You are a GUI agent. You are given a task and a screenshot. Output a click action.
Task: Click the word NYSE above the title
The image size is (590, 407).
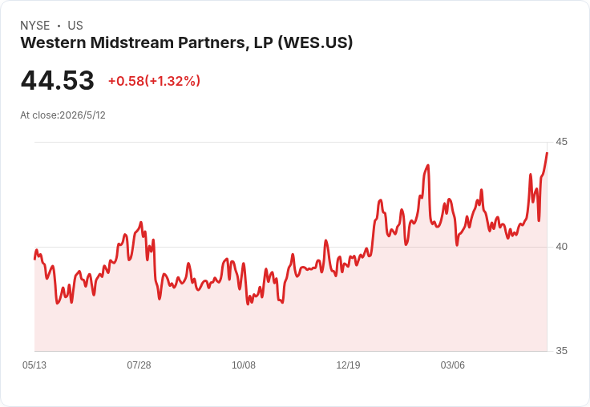(35, 26)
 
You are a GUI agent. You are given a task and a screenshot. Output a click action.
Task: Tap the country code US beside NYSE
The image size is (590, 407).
(75, 26)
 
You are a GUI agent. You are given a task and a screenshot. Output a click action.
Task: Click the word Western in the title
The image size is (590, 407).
(54, 42)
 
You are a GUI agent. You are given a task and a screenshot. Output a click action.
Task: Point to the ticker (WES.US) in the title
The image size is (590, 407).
(315, 43)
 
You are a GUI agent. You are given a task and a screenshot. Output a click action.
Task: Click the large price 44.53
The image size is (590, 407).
(57, 80)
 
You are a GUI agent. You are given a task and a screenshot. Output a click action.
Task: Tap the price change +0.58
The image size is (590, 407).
(126, 81)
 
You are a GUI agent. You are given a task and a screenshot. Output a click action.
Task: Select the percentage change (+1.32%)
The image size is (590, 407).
(172, 81)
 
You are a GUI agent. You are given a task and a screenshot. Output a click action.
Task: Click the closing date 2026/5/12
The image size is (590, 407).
(83, 115)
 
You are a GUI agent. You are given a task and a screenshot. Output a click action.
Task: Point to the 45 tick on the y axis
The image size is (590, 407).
(561, 142)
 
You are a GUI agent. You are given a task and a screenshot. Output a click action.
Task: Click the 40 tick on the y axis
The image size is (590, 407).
(561, 247)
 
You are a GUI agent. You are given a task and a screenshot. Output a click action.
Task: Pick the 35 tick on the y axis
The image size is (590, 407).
(561, 351)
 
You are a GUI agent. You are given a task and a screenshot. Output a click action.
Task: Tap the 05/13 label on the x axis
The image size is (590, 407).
(34, 365)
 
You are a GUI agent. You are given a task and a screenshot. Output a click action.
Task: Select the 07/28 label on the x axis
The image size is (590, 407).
(139, 365)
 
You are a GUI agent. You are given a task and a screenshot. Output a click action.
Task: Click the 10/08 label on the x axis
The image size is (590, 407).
(244, 365)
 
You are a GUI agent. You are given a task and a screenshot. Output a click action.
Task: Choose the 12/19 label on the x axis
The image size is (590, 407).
(348, 365)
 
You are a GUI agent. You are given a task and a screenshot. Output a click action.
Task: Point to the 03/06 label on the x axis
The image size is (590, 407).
(453, 365)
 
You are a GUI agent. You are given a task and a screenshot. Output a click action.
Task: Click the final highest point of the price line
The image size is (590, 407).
(547, 153)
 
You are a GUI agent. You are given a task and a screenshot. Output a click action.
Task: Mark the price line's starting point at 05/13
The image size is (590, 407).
(34, 259)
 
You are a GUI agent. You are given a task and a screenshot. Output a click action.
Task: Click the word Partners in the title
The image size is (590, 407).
(213, 42)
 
